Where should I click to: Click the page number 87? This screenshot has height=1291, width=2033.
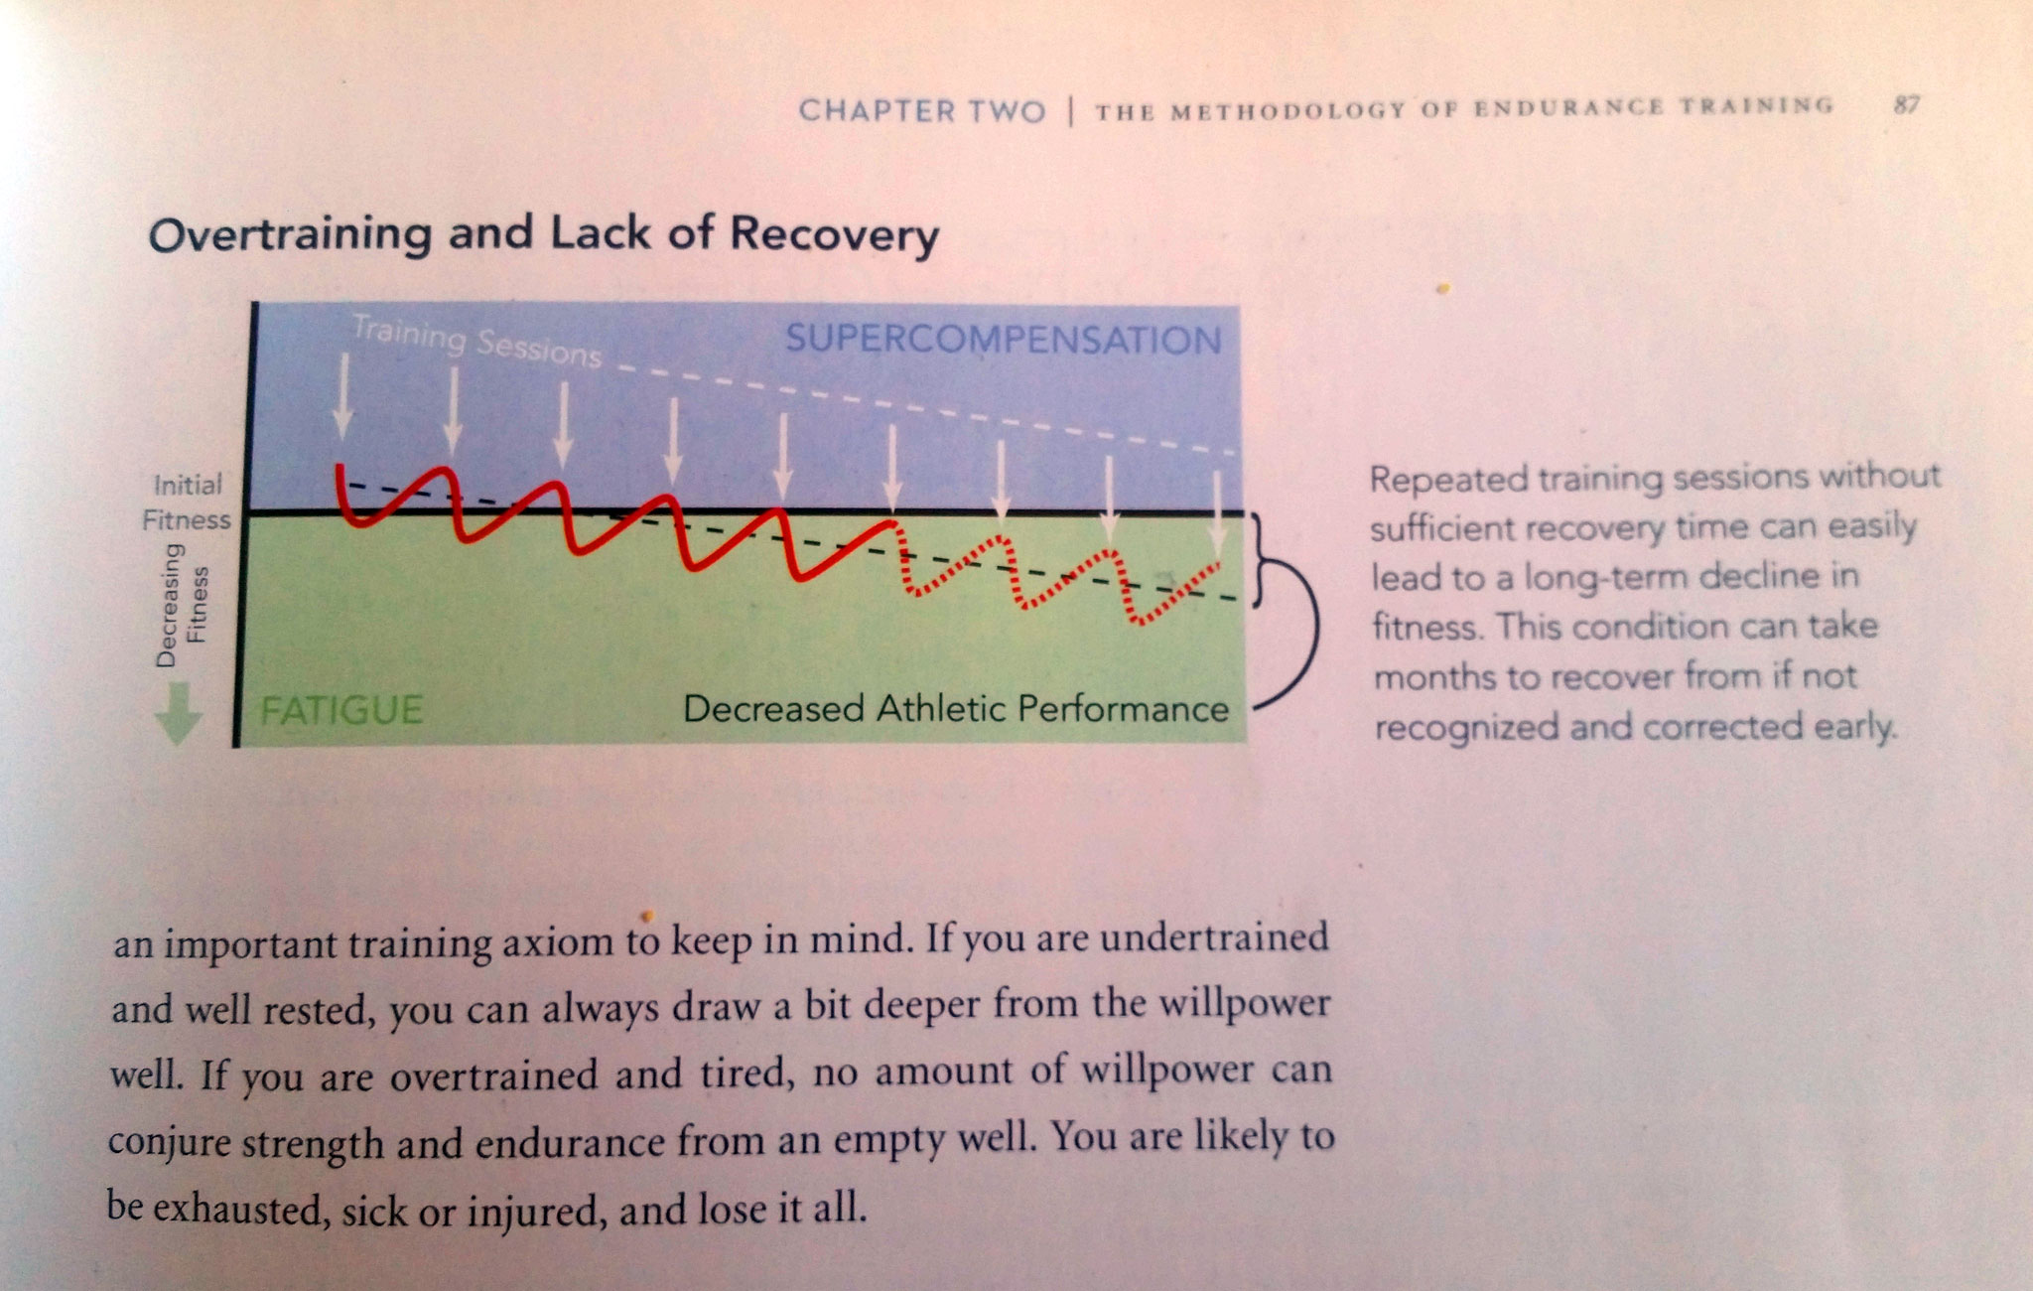click(1906, 104)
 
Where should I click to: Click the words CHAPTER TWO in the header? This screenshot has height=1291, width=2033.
click(922, 110)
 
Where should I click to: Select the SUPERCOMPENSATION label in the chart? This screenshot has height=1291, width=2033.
click(1003, 341)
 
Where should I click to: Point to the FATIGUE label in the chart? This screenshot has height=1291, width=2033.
click(341, 710)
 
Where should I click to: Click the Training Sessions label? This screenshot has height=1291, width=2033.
click(476, 341)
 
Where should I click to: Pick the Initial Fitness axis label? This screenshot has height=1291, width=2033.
click(187, 502)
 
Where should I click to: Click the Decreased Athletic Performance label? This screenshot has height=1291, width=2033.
click(956, 709)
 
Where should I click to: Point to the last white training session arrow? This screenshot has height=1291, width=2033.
click(1218, 511)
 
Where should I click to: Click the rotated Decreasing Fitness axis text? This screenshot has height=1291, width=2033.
click(182, 605)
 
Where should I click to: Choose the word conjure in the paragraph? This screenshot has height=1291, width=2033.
click(169, 1142)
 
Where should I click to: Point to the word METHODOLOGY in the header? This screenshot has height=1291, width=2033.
click(1288, 109)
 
